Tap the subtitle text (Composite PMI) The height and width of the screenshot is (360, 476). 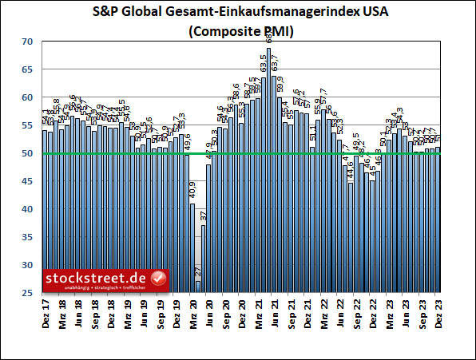pyautogui.click(x=239, y=32)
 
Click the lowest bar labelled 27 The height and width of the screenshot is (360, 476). pyautogui.click(x=198, y=287)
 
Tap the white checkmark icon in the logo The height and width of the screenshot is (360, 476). pyautogui.click(x=157, y=278)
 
